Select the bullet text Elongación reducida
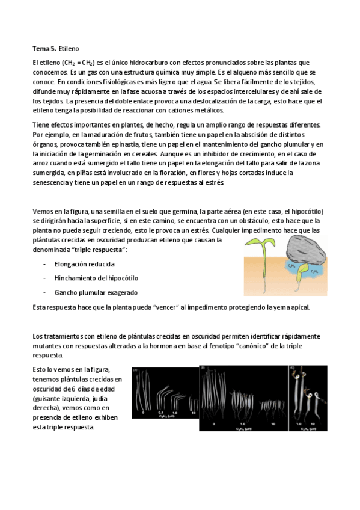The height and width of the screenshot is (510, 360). coord(84,264)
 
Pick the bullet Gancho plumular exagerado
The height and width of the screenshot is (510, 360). coord(96,292)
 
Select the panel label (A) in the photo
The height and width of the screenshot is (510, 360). coord(135,369)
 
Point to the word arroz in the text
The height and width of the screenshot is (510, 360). coord(41,164)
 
